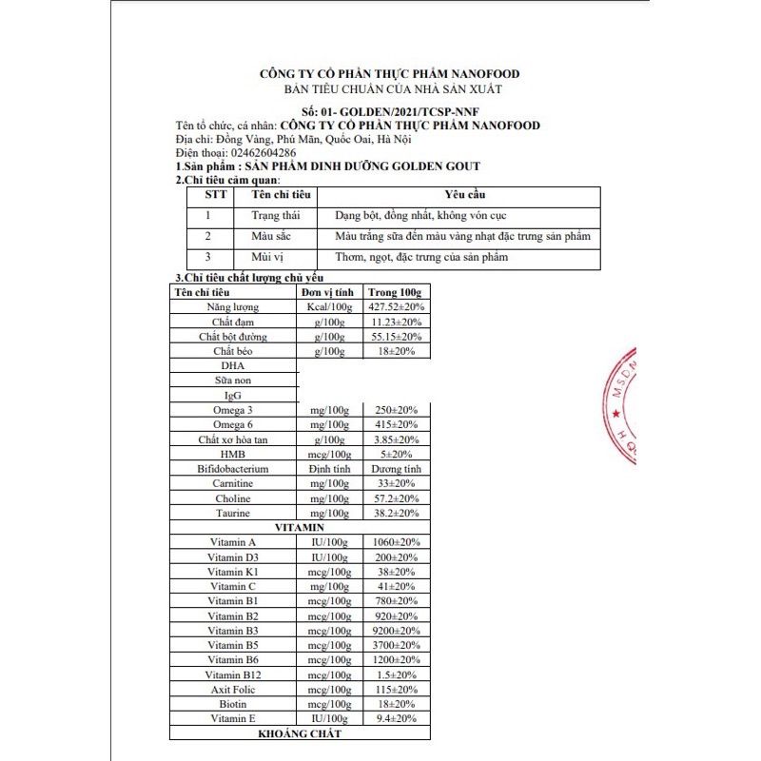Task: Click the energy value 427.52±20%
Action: (x=395, y=307)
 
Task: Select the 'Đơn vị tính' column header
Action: (x=328, y=292)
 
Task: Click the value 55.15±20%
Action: (x=396, y=337)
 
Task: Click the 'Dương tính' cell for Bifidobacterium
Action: (x=396, y=469)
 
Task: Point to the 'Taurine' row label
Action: (x=232, y=513)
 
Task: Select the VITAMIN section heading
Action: (x=300, y=527)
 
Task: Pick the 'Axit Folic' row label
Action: (x=232, y=689)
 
